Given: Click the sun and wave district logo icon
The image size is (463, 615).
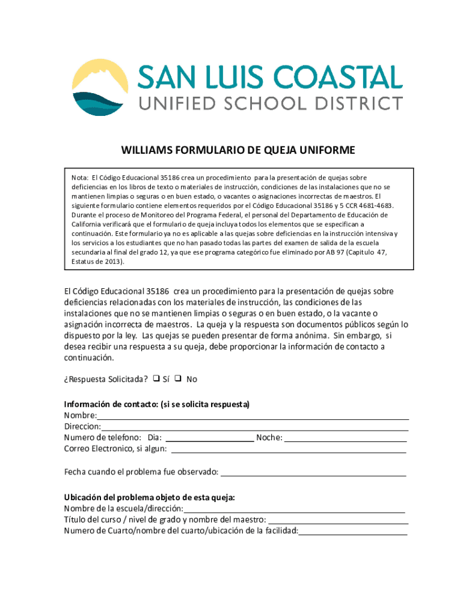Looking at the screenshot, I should point(100,87).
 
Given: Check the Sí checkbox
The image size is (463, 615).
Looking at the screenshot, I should point(156,379).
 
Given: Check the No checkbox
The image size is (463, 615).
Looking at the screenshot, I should point(179,379).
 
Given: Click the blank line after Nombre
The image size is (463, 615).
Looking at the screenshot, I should point(253,416).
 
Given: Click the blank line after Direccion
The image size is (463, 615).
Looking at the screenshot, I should point(255,427).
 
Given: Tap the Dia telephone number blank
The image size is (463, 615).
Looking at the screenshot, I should point(209,438).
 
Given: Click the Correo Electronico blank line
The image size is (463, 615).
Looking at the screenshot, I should point(289,449).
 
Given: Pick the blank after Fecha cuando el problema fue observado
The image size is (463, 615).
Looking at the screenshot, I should point(313,473).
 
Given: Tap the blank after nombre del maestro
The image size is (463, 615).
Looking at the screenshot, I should point(338,520).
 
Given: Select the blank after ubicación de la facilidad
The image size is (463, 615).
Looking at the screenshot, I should point(353,531).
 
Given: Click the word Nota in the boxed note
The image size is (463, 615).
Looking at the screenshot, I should point(79,178).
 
